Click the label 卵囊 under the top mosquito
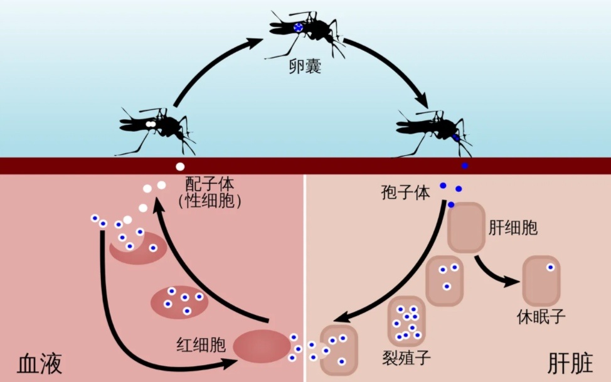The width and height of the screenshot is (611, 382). [x=305, y=66]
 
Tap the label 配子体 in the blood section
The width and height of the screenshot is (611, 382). [x=210, y=184]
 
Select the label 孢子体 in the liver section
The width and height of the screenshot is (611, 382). [x=406, y=193]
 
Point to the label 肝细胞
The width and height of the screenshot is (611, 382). [x=513, y=228]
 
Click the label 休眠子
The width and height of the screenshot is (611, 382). [x=541, y=317]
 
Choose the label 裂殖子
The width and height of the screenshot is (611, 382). [x=406, y=358]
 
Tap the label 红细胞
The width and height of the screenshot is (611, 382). [x=201, y=344]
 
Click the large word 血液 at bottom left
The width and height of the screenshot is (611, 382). [x=40, y=364]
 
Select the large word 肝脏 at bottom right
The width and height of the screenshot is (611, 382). [x=570, y=363]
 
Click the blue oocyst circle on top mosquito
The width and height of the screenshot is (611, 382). [x=298, y=27]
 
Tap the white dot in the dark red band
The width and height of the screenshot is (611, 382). [x=180, y=166]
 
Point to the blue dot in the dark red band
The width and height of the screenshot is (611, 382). [x=465, y=166]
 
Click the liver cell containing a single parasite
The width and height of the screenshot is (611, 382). [x=541, y=280]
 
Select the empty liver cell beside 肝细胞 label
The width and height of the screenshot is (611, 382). [x=467, y=227]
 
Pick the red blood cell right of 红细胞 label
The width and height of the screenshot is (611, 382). [x=262, y=346]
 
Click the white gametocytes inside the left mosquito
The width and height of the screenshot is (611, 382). [x=151, y=124]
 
